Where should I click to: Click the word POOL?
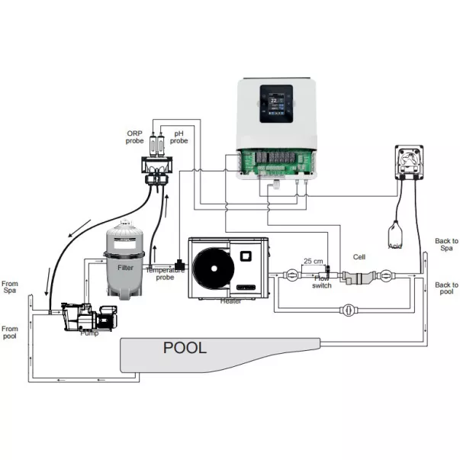(x=185, y=348)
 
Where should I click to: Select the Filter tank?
(x=126, y=259)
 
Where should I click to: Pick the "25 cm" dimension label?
(x=312, y=261)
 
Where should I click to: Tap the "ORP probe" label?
(x=135, y=137)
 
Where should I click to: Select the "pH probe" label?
(x=180, y=137)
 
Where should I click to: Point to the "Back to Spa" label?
(x=446, y=244)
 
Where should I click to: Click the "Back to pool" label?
(x=446, y=288)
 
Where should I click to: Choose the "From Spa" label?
(x=10, y=287)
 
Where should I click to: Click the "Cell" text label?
(x=359, y=257)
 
